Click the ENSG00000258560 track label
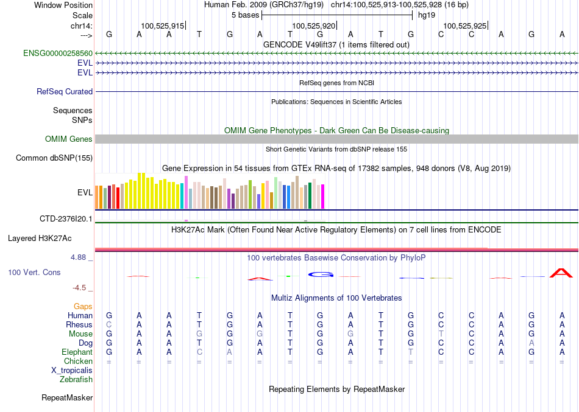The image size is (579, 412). [58, 54]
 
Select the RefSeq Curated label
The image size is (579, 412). [65, 92]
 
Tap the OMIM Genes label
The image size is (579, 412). [68, 139]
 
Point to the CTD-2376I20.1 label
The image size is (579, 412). [66, 218]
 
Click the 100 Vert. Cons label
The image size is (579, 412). [34, 272]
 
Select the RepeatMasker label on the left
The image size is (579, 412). [67, 398]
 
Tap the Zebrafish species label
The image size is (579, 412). [76, 379]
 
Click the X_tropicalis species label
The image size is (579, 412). [72, 370]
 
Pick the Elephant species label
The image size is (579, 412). [77, 352]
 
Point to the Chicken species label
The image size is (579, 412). [78, 361]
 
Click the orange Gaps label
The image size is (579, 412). [83, 306]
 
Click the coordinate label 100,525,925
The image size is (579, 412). [465, 26]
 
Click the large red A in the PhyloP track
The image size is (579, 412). [561, 273]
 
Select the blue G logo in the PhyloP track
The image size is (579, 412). [321, 274]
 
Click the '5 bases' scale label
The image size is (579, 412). [245, 15]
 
